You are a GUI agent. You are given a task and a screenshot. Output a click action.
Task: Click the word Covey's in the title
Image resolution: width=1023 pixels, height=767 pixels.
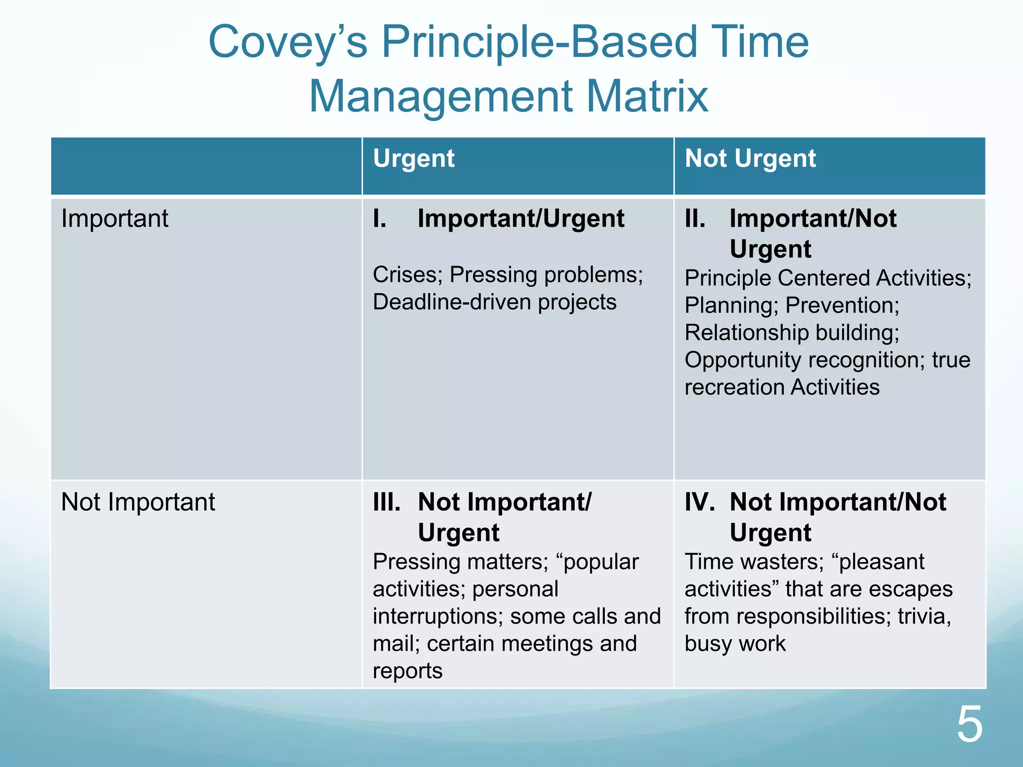point(288,42)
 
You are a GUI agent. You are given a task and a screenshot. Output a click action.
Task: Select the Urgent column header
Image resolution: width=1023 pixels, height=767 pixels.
point(414,159)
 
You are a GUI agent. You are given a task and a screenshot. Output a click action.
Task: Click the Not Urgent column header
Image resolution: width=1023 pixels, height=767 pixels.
point(750,159)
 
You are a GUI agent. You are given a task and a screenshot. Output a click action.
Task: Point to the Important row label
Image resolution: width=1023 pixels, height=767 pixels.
point(114,219)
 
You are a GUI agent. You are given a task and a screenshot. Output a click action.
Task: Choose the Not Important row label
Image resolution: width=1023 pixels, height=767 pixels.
point(138,502)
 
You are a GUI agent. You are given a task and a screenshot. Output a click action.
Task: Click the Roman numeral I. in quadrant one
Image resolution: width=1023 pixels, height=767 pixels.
point(380,219)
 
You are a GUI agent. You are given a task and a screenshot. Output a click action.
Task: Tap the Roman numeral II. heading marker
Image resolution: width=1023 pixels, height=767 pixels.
point(695,219)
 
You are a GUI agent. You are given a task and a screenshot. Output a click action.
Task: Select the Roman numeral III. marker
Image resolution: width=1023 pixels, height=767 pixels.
point(387,502)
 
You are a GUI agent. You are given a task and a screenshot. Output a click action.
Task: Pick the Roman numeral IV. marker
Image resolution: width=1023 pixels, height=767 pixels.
point(699,502)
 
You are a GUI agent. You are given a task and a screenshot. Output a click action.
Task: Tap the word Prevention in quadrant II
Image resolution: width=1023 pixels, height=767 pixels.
point(842,306)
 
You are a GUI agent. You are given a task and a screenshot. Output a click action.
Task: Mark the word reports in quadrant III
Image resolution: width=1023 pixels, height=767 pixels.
point(407,671)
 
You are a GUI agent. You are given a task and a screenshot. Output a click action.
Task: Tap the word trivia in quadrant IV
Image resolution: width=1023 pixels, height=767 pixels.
point(924,617)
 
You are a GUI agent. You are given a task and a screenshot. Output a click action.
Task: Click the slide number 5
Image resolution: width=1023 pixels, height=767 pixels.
point(969,725)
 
